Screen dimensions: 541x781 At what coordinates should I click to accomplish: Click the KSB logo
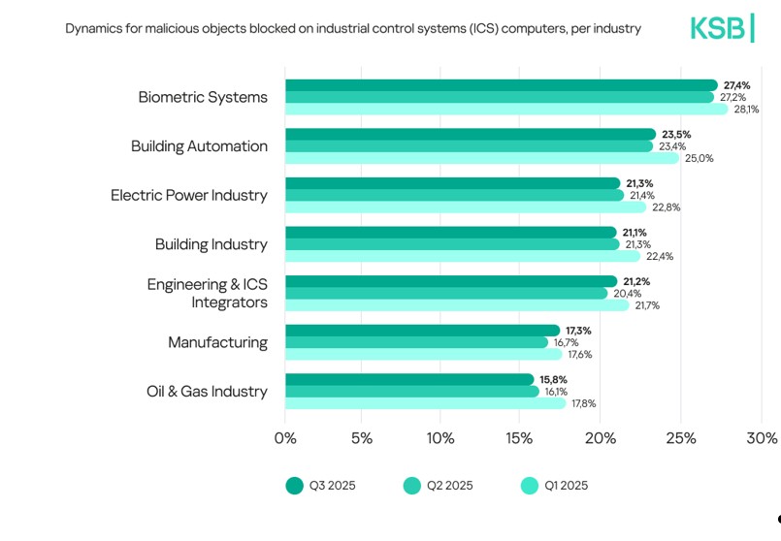[721, 28]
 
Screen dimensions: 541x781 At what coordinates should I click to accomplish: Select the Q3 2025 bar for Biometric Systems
[500, 85]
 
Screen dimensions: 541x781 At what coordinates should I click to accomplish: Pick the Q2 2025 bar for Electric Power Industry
[453, 195]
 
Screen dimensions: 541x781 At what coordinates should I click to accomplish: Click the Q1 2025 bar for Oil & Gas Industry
[424, 403]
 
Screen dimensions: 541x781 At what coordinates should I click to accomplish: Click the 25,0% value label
[699, 158]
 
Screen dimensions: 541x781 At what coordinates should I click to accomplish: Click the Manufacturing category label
[217, 342]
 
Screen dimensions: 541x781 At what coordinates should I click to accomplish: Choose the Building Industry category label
[211, 244]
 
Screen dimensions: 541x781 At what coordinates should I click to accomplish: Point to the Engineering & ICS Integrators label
[207, 293]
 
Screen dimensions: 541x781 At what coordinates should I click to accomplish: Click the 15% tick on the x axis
[521, 438]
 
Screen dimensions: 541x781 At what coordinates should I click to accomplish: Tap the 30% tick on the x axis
[761, 438]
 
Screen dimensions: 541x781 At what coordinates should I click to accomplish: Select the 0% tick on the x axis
[285, 438]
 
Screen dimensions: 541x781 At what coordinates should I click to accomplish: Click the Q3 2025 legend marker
[294, 486]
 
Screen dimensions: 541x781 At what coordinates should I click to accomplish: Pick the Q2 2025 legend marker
[411, 486]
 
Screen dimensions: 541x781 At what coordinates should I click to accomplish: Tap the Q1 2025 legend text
[566, 486]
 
